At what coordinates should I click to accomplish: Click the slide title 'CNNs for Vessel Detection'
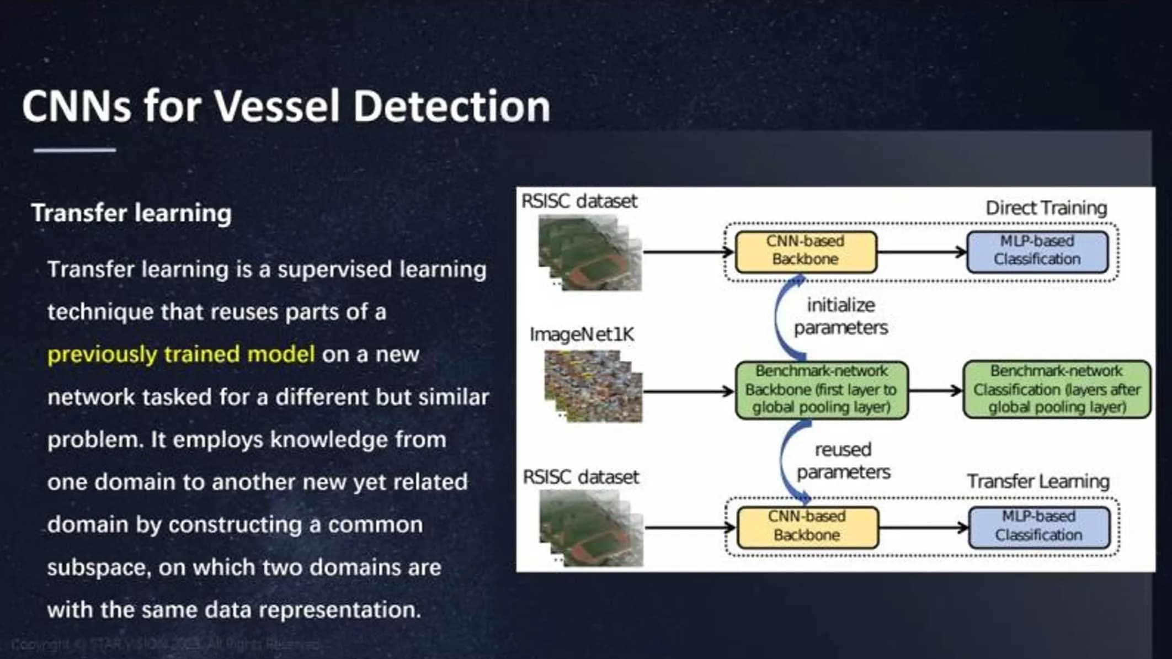(x=286, y=106)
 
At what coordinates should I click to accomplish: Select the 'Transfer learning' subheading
(x=131, y=213)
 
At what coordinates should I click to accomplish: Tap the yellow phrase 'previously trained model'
(x=181, y=354)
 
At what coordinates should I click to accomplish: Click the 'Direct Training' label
(x=1046, y=208)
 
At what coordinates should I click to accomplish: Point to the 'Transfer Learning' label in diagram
(x=1038, y=481)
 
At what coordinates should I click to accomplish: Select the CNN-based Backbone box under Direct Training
(x=806, y=251)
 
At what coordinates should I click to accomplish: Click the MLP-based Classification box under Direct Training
(x=1037, y=251)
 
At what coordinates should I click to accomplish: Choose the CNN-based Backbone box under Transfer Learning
(x=807, y=527)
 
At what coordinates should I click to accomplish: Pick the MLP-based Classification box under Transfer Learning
(x=1039, y=527)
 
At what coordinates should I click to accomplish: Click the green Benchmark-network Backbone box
(x=821, y=390)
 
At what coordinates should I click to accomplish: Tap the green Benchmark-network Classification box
(x=1056, y=390)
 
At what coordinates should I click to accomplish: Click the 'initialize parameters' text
(x=841, y=316)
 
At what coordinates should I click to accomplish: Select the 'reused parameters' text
(x=843, y=461)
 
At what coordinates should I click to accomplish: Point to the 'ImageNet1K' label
(x=582, y=334)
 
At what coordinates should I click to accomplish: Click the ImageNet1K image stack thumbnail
(x=593, y=386)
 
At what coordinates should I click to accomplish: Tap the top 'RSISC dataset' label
(x=579, y=201)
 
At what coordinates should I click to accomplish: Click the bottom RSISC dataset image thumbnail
(x=590, y=528)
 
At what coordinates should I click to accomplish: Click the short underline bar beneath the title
(x=74, y=150)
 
